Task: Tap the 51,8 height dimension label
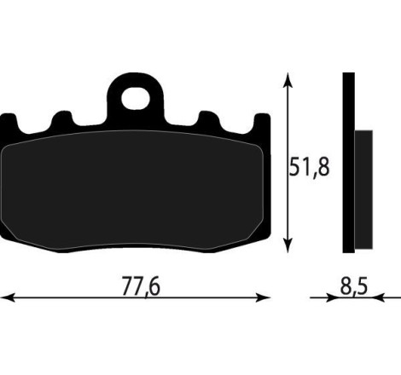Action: coord(309,165)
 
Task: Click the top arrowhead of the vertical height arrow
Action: coord(289,78)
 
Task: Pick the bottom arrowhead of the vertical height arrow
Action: coord(289,246)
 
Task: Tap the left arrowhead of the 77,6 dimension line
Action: coord(7,298)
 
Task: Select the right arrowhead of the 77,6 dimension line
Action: coord(265,298)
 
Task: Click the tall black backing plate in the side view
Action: coord(348,162)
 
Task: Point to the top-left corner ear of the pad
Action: coord(8,124)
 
